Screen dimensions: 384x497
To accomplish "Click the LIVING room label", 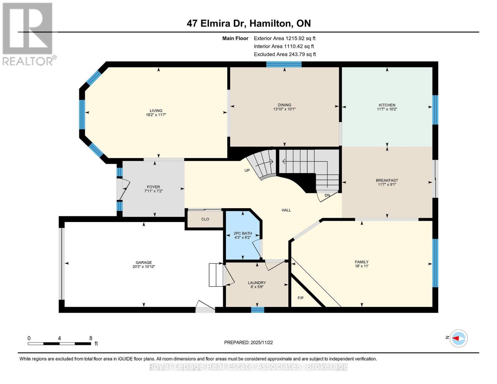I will pos(156,111).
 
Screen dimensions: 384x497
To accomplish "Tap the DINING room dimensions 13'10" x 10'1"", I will pos(284,109).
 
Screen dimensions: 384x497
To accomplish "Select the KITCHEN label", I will pos(387,105).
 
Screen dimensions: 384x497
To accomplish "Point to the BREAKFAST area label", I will pos(387,180).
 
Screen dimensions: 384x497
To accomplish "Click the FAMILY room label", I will pos(362,262).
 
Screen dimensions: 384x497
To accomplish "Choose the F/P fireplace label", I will pos(301,298).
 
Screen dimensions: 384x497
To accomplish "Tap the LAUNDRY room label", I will pos(257,283).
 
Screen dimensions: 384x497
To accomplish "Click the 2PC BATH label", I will pos(243,234).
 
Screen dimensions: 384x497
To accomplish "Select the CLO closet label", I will pos(205,219).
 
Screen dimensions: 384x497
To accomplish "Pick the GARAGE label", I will pos(143,262).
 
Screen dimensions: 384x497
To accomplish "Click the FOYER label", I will pos(153,187).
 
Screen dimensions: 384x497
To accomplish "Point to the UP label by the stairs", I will pos(247,171).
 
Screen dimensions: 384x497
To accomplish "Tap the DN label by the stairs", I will pos(327,195).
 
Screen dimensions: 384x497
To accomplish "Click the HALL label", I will pos(286,210).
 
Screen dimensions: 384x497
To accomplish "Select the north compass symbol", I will pos(459,338).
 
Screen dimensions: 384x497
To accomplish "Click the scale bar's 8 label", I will pos(91,338).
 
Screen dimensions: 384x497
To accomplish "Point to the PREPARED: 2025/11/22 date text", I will pos(248,342).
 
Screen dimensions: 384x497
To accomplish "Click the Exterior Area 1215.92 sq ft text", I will pos(285,38).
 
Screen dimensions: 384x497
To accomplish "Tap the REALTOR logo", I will pos(28,34).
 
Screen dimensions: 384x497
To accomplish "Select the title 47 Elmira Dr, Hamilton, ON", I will pos(249,23).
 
